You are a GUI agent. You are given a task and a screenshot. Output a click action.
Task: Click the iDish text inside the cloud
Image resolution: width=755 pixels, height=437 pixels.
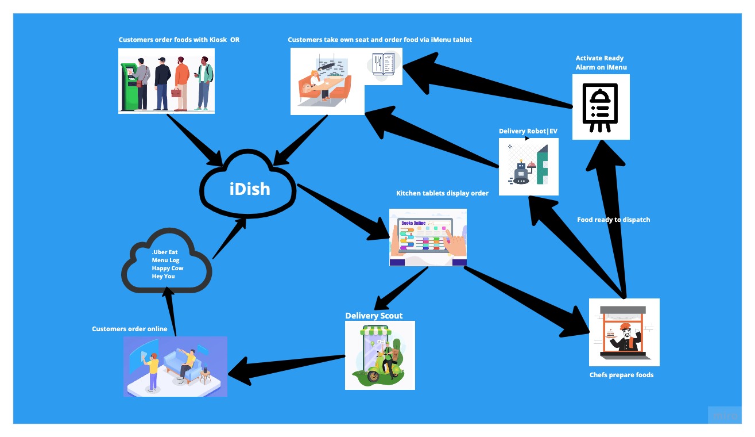pyautogui.click(x=250, y=188)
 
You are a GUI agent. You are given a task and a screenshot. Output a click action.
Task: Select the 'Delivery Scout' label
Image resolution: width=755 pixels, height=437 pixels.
pyautogui.click(x=374, y=316)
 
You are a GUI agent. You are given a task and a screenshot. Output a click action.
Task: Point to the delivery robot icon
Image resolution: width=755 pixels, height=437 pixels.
pyautogui.click(x=521, y=171)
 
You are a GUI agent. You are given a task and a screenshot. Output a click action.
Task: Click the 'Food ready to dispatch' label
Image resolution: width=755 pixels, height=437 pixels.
pyautogui.click(x=613, y=220)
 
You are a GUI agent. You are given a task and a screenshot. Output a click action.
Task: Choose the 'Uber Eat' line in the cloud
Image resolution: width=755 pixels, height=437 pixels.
pyautogui.click(x=165, y=252)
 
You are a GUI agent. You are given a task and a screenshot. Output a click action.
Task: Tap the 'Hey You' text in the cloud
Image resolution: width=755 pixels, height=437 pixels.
pyautogui.click(x=163, y=276)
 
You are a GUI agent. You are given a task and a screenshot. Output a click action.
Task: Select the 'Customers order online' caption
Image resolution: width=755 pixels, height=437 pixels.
pyautogui.click(x=130, y=329)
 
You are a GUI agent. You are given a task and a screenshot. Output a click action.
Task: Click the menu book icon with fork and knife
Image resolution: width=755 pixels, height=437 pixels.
pyautogui.click(x=383, y=65)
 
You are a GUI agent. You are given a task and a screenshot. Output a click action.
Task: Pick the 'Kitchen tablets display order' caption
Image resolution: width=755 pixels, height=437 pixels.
pyautogui.click(x=442, y=193)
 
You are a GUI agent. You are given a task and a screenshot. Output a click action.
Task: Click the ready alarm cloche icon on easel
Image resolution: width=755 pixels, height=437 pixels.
pyautogui.click(x=601, y=108)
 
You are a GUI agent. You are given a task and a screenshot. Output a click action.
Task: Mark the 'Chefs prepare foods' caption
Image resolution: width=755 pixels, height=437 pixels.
pyautogui.click(x=621, y=375)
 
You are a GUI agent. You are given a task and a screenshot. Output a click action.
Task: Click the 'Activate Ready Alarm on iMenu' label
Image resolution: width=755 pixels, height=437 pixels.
pyautogui.click(x=601, y=63)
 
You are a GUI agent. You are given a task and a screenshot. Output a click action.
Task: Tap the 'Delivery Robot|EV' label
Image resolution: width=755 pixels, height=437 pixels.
pyautogui.click(x=528, y=131)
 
